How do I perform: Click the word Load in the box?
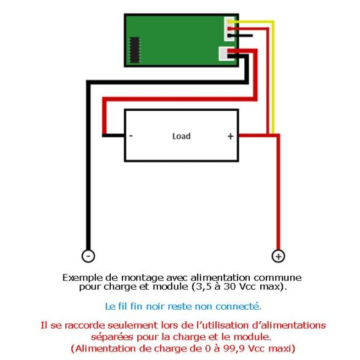(182, 136)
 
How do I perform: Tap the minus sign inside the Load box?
(131, 136)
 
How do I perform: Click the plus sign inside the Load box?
(231, 137)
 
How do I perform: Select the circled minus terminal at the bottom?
(89, 256)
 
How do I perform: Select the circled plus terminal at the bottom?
(278, 256)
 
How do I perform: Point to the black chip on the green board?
(135, 50)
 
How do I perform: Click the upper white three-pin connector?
(229, 29)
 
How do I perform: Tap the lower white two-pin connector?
(223, 54)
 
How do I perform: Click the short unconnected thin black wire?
(241, 36)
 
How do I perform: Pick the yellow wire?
(273, 76)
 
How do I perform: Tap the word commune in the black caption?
(278, 278)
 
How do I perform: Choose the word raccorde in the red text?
(85, 326)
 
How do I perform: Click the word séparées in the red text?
(112, 337)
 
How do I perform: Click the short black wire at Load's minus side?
(113, 135)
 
